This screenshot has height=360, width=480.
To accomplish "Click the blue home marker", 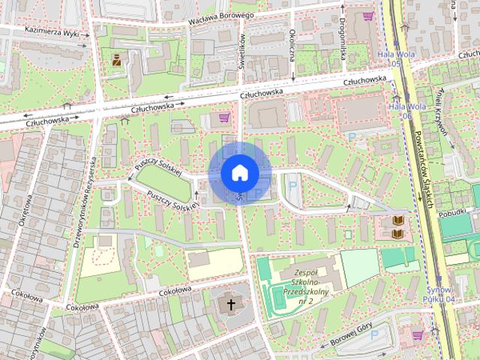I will point(240,172).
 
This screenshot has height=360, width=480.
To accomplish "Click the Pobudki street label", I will point(454,213).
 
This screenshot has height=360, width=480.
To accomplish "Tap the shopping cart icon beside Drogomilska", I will point(367,16).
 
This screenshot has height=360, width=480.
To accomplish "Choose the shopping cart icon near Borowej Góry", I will point(417,334).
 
